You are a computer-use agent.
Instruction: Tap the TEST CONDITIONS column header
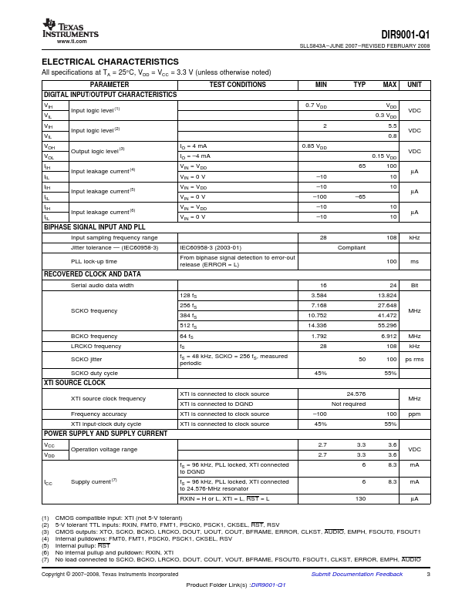click(x=238, y=85)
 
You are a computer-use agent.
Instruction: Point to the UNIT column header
click(x=414, y=85)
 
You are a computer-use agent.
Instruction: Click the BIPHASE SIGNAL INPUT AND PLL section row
click(x=94, y=228)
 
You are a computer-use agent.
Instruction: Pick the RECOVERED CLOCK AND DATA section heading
click(x=92, y=274)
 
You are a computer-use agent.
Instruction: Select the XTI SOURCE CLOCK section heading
click(x=75, y=383)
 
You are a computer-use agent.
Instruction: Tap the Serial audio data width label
click(x=102, y=285)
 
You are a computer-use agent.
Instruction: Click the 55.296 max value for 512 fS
click(x=387, y=326)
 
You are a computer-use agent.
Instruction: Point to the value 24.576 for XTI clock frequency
click(x=356, y=393)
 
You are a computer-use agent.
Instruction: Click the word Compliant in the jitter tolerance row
click(x=352, y=248)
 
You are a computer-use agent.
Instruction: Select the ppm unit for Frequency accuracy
click(x=414, y=414)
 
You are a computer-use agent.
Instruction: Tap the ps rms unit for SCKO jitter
click(x=414, y=360)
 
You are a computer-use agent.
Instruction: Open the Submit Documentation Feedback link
click(x=356, y=575)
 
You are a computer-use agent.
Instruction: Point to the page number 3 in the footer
click(x=428, y=575)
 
